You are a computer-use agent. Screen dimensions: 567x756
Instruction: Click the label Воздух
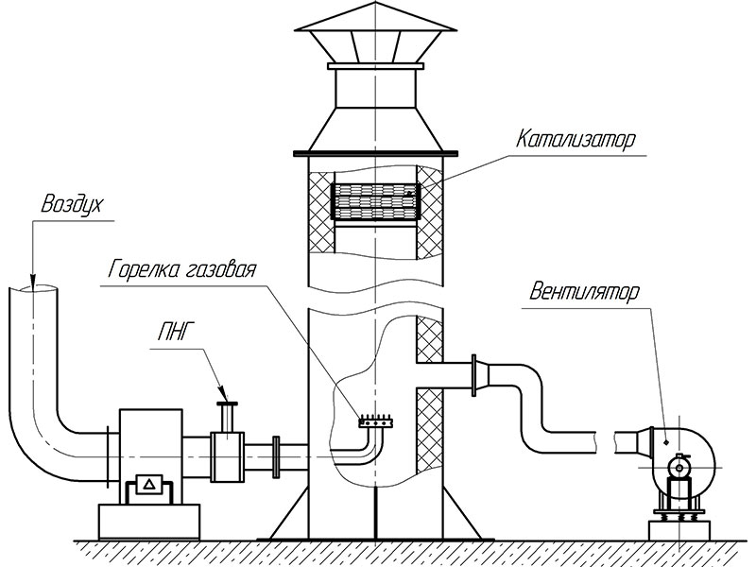[x=72, y=203]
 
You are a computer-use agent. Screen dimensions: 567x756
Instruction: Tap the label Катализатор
[x=576, y=139]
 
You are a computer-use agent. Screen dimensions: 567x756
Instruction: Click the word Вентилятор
[x=578, y=290]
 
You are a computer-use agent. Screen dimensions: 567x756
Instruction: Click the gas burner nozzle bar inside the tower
[x=375, y=422]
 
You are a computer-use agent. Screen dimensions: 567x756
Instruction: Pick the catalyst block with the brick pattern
[x=375, y=200]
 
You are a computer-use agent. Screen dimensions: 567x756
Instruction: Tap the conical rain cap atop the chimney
[x=375, y=34]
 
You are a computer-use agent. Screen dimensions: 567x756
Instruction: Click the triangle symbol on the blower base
[x=148, y=486]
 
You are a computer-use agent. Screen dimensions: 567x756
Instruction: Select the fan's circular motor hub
[x=679, y=466]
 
